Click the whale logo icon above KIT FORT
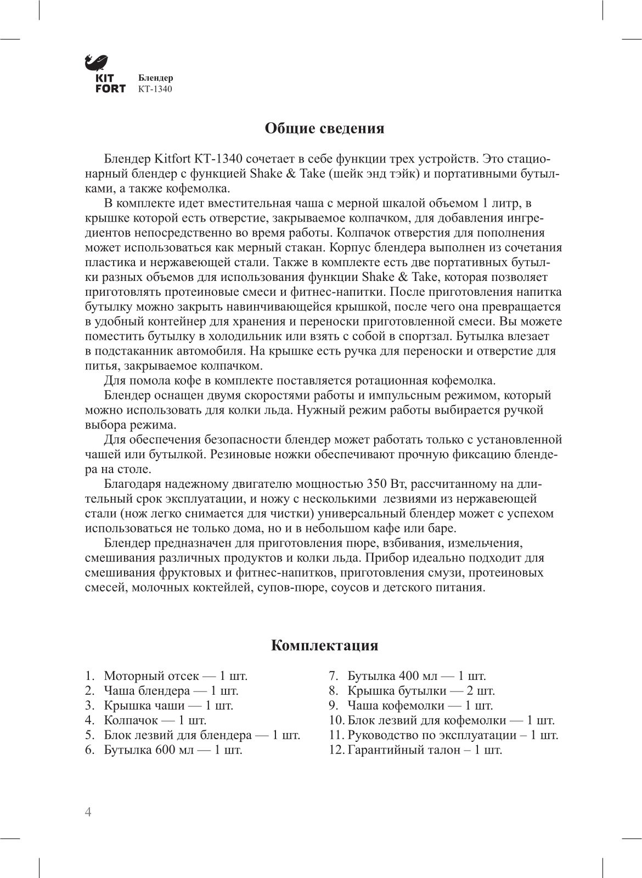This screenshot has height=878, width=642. pos(97,63)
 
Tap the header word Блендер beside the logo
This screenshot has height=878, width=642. pos(155,78)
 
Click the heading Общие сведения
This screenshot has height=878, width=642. pos(324,128)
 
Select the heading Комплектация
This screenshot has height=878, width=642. pos(324,645)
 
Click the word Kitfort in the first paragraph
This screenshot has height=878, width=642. pos(170,160)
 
